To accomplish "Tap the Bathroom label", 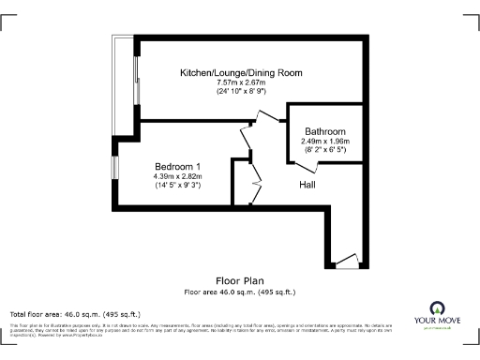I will (325, 131).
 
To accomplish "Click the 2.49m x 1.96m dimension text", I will (325, 141).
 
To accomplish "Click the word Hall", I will (307, 185).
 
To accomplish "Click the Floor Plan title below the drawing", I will (240, 280).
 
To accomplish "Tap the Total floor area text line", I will (75, 313).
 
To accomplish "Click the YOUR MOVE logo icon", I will (436, 308).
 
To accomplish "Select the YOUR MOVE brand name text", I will (436, 322).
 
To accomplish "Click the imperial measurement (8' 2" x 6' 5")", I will (325, 150).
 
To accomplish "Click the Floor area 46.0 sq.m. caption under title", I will (240, 292).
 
